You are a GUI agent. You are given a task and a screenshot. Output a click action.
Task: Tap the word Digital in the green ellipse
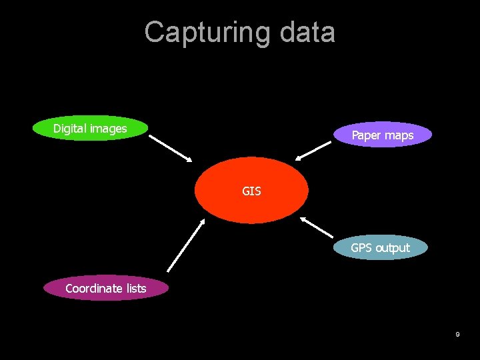69,128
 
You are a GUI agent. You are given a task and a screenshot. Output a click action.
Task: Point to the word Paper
365,135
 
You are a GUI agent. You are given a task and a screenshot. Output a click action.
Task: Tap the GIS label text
251,191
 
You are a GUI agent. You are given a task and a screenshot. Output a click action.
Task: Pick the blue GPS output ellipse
380,247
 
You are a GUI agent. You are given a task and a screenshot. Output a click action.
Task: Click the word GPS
361,248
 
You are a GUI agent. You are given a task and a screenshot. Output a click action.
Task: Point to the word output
393,249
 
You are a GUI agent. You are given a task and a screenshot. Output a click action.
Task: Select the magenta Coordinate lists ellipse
105,288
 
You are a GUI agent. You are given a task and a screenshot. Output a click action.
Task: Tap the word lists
135,289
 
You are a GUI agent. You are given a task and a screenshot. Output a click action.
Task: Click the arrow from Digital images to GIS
170,148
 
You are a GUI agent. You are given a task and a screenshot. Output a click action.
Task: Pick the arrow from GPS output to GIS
317,227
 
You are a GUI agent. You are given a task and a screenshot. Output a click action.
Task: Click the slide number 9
457,333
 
